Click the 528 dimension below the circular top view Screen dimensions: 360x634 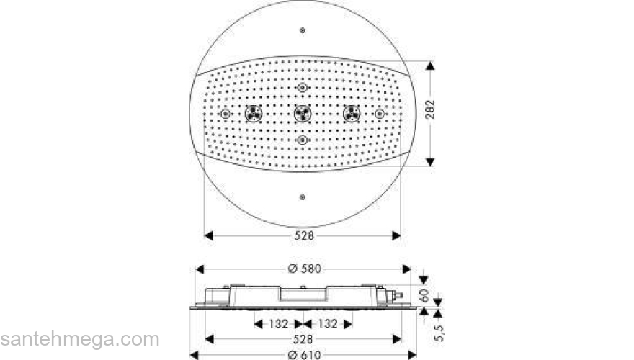(303, 235)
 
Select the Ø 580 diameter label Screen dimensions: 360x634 (304, 269)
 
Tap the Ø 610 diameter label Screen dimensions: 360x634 (304, 353)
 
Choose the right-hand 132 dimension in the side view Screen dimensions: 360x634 (328, 324)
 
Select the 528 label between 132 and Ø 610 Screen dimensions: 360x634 (303, 338)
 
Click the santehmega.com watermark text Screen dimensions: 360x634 (79, 339)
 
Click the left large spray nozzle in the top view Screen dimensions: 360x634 (253, 114)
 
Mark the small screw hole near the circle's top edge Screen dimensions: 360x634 (303, 31)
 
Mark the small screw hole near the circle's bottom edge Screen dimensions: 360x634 (303, 196)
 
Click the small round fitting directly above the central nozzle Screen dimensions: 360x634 (303, 89)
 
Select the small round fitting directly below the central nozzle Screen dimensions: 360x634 (303, 138)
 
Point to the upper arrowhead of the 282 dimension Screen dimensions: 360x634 (430, 66)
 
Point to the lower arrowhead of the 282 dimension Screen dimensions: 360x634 (430, 163)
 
